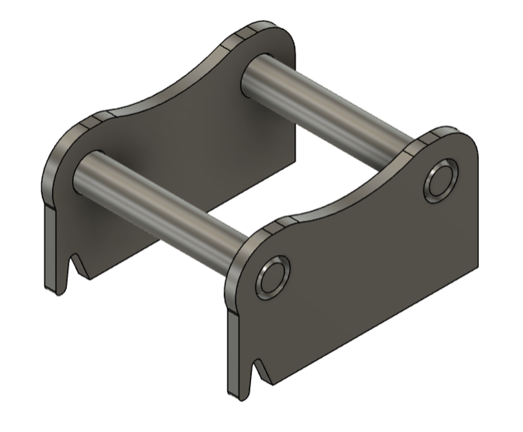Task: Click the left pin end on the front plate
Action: click(273, 278)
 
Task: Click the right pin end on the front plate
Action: click(441, 182)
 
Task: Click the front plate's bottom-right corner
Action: click(477, 266)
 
